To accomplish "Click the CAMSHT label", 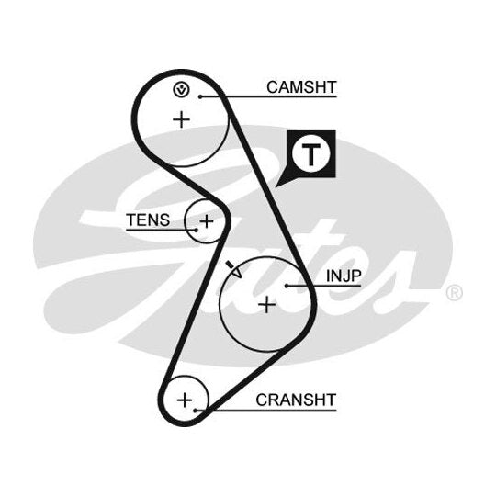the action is point(301,87).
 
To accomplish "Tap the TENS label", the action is point(148,220).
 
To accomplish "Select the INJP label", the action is point(344,276).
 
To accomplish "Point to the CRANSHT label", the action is point(296,400).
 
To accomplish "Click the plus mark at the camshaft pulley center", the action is point(182,120).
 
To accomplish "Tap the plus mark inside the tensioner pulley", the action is point(207,221).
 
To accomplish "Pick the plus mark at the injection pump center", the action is point(267,305).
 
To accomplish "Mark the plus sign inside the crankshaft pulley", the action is point(185,400).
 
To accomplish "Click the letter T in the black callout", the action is point(311,154).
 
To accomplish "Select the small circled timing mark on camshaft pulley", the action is point(181,90).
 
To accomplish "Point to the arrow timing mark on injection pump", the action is point(234,269).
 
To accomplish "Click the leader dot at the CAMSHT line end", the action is point(200,96).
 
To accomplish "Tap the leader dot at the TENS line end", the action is point(197,230).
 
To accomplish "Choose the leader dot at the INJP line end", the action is point(287,286).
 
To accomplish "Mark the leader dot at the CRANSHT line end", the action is point(195,411).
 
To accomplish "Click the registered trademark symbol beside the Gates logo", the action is point(455,293).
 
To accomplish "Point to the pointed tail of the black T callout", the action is point(276,186).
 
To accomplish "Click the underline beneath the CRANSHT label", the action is point(265,411).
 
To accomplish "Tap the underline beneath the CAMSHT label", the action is point(268,96).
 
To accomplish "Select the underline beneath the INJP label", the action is point(323,286).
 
